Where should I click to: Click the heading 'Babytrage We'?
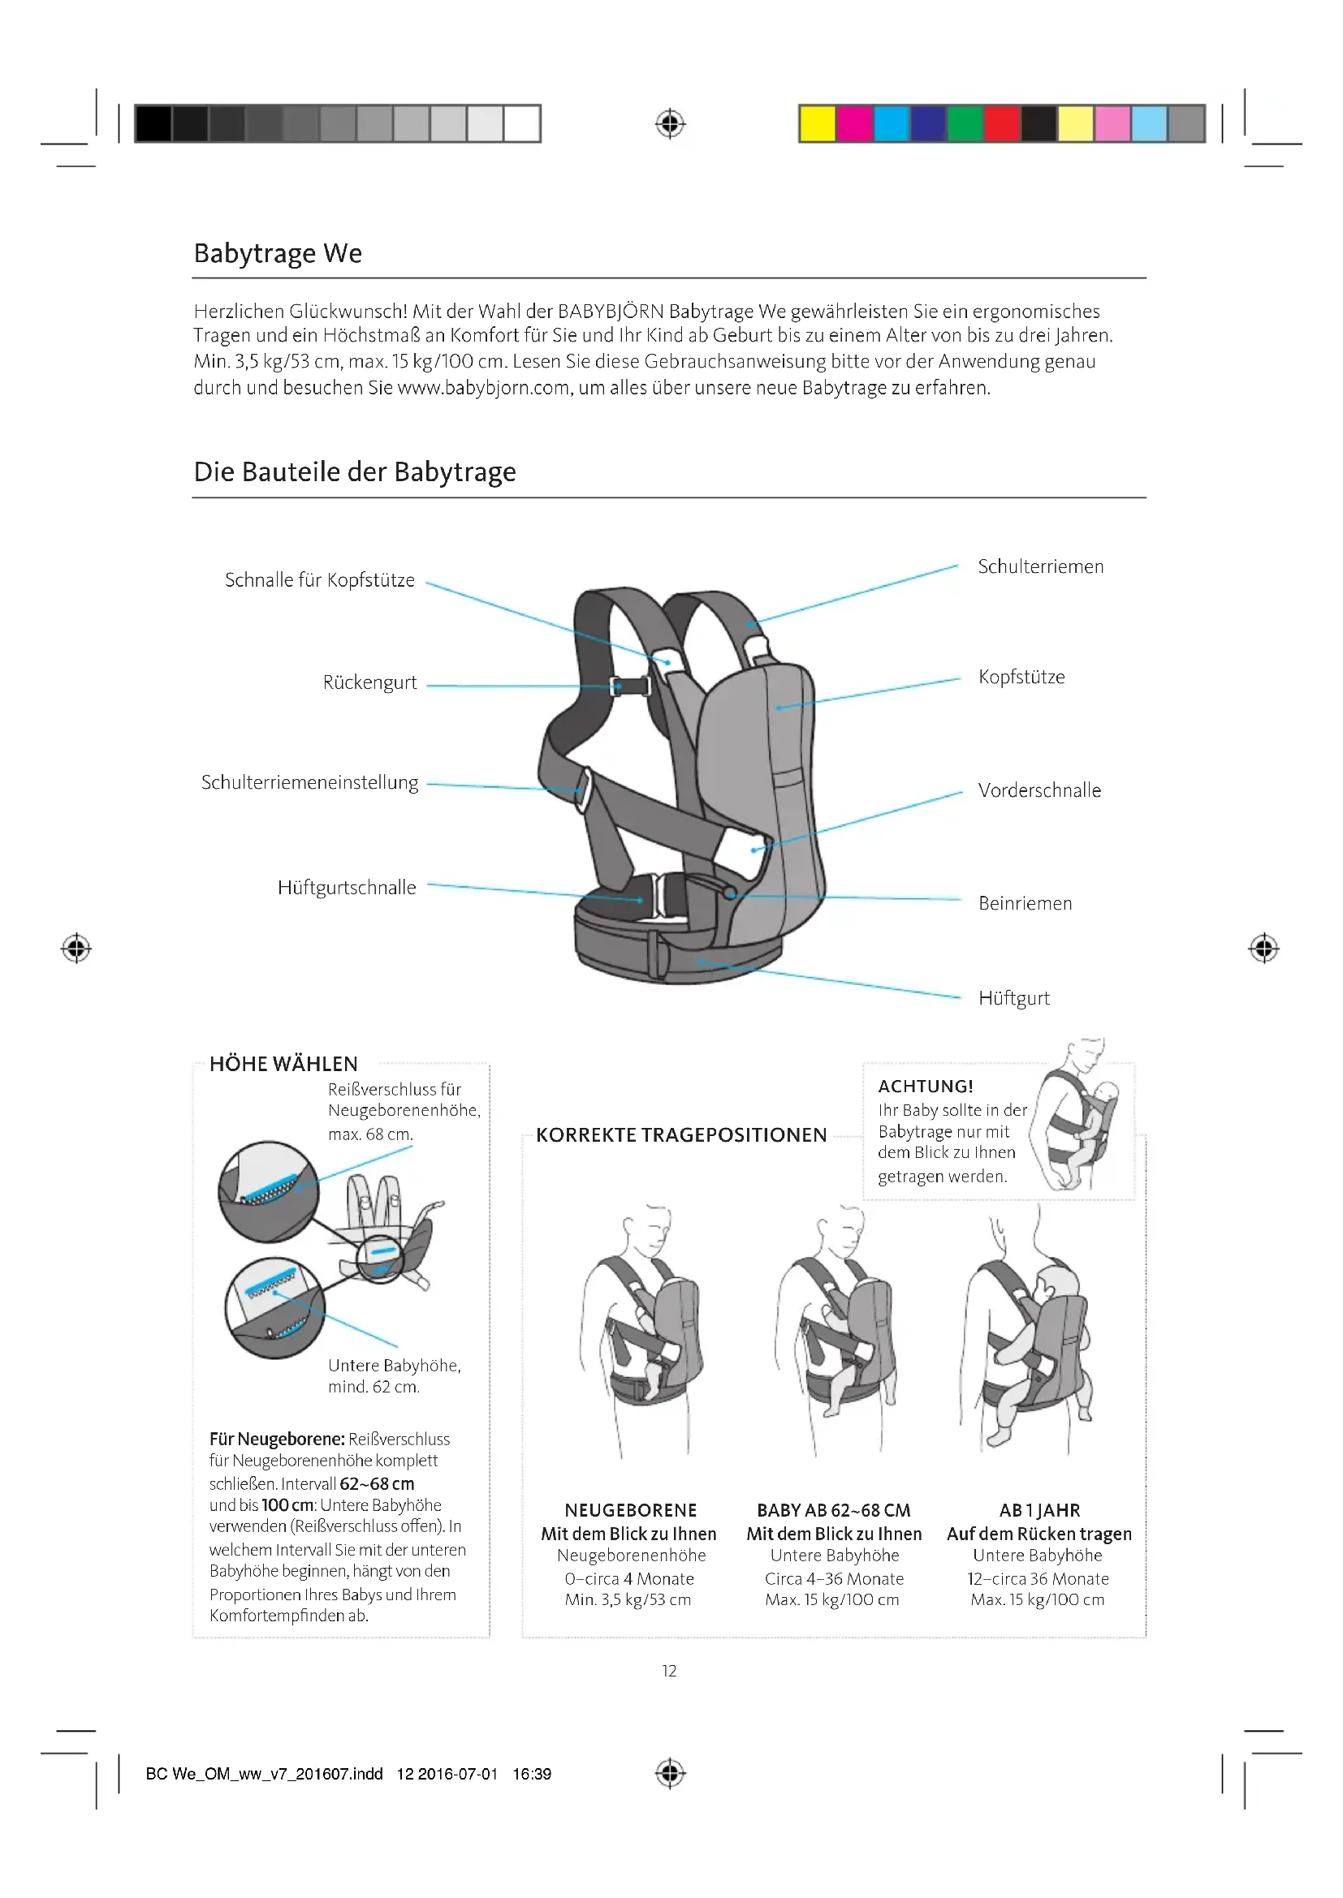(x=277, y=253)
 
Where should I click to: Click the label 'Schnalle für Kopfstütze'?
(x=319, y=580)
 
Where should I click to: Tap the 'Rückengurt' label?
(x=369, y=682)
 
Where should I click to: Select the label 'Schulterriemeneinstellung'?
(x=309, y=783)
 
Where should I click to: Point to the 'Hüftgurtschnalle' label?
(x=347, y=888)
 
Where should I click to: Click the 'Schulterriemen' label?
(x=1040, y=567)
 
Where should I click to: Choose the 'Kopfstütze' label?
(x=1021, y=678)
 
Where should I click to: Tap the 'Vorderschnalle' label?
(x=1039, y=791)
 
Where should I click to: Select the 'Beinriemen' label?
(x=1025, y=903)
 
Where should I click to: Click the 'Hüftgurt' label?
(x=1014, y=999)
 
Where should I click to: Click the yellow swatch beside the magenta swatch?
(x=817, y=124)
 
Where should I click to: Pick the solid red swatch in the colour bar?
(x=1001, y=124)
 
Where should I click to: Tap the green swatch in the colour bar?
(x=965, y=124)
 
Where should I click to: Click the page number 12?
(x=669, y=1671)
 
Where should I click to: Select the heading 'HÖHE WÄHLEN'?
(x=283, y=1064)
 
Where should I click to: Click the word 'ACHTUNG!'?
(x=926, y=1087)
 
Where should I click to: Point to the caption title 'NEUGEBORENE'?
(x=630, y=1510)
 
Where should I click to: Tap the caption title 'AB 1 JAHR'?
(x=1039, y=1510)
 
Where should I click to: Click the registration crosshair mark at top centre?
(x=670, y=124)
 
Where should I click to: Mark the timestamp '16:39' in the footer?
(x=532, y=1774)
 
